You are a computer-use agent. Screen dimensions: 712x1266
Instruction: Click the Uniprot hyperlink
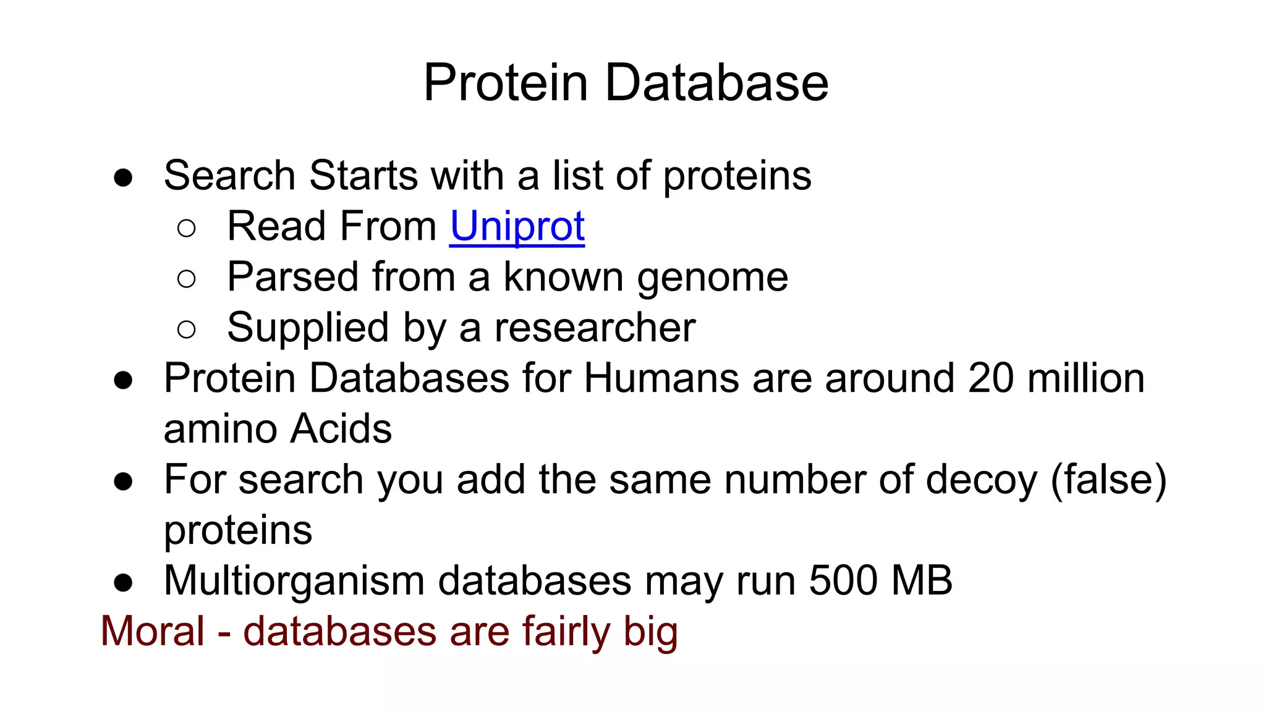(517, 227)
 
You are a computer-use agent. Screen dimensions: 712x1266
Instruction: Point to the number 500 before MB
(843, 581)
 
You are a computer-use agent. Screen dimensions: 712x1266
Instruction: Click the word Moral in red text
(153, 632)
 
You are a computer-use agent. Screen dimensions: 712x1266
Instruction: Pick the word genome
(713, 278)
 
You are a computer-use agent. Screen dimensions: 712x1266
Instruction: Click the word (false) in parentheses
(1109, 480)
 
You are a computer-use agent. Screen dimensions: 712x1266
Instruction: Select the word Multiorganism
(294, 581)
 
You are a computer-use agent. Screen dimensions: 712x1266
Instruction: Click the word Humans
(661, 378)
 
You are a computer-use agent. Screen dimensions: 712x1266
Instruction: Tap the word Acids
(341, 429)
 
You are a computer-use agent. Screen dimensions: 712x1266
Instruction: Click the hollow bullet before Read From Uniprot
(186, 229)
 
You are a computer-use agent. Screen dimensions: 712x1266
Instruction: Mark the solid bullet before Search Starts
(123, 178)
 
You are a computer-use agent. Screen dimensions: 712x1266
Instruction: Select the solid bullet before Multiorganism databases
(123, 583)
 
